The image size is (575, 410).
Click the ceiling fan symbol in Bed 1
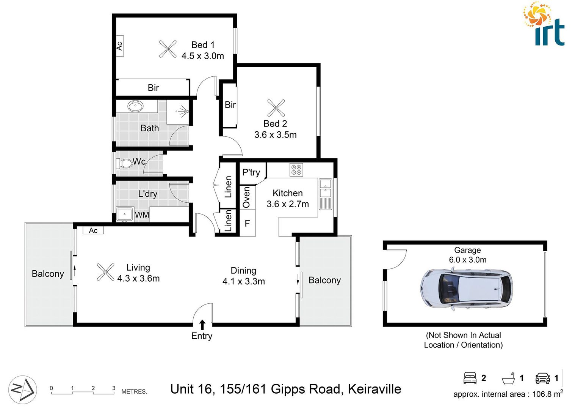[168, 49]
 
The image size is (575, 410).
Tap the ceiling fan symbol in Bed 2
[276, 108]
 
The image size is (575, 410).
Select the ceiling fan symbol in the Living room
[105, 272]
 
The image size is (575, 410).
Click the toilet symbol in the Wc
[125, 164]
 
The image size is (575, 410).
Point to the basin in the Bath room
[135, 106]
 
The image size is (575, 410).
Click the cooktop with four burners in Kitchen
[296, 170]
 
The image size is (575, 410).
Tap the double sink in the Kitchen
[325, 189]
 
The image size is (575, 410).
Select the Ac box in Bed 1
[119, 46]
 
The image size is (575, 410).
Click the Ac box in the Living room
[93, 230]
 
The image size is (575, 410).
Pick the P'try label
[251, 173]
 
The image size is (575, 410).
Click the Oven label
[246, 197]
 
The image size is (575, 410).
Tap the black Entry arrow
[202, 325]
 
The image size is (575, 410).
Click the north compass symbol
[23, 389]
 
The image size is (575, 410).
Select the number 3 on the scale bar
[114, 388]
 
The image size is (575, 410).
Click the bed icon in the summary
[470, 378]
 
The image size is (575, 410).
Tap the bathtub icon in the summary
[508, 378]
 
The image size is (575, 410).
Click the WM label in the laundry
[142, 215]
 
